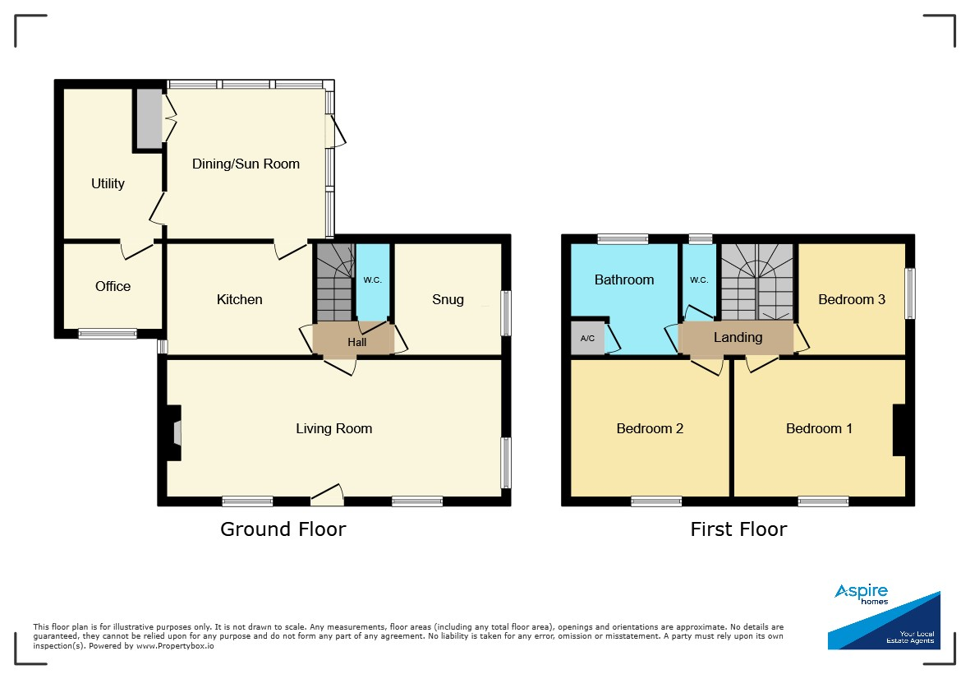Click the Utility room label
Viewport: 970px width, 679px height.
point(108,183)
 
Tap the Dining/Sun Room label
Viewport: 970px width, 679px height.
point(246,164)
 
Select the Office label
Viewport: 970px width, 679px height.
point(113,286)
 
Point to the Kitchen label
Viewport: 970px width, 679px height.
point(239,299)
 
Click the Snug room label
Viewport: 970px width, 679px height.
point(448,299)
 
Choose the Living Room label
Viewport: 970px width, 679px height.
point(334,428)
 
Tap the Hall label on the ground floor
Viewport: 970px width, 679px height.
point(357,342)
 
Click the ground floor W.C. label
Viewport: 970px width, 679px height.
point(372,279)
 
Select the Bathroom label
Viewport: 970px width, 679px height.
point(624,279)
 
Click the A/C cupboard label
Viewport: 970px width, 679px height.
point(587,339)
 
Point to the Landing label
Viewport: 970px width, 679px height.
point(738,337)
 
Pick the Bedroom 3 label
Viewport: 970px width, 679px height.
point(852,299)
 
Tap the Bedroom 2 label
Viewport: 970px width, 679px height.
point(650,428)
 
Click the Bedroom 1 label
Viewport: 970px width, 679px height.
point(819,428)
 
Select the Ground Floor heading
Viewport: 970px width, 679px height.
point(283,529)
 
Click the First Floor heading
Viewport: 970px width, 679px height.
point(738,529)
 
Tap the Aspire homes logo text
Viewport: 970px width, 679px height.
point(862,594)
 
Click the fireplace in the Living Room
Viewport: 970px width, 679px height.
point(174,432)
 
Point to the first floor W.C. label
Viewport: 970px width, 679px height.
point(699,279)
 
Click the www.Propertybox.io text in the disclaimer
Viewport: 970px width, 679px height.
point(175,645)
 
